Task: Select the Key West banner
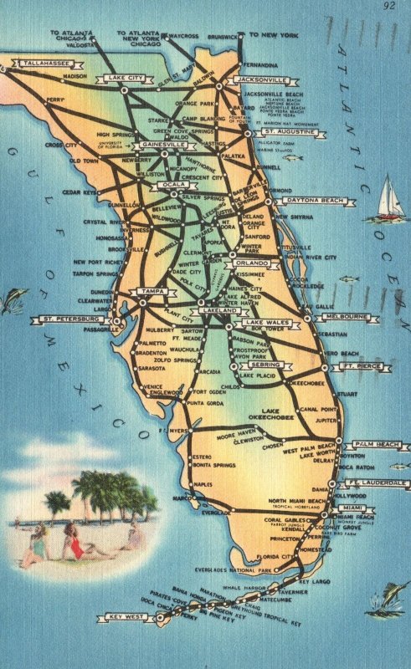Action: point(126,617)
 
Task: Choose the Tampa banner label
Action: point(151,291)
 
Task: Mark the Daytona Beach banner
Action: point(316,202)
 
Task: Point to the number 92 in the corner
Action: point(388,6)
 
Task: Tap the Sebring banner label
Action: point(265,365)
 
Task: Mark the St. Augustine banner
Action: point(290,132)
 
